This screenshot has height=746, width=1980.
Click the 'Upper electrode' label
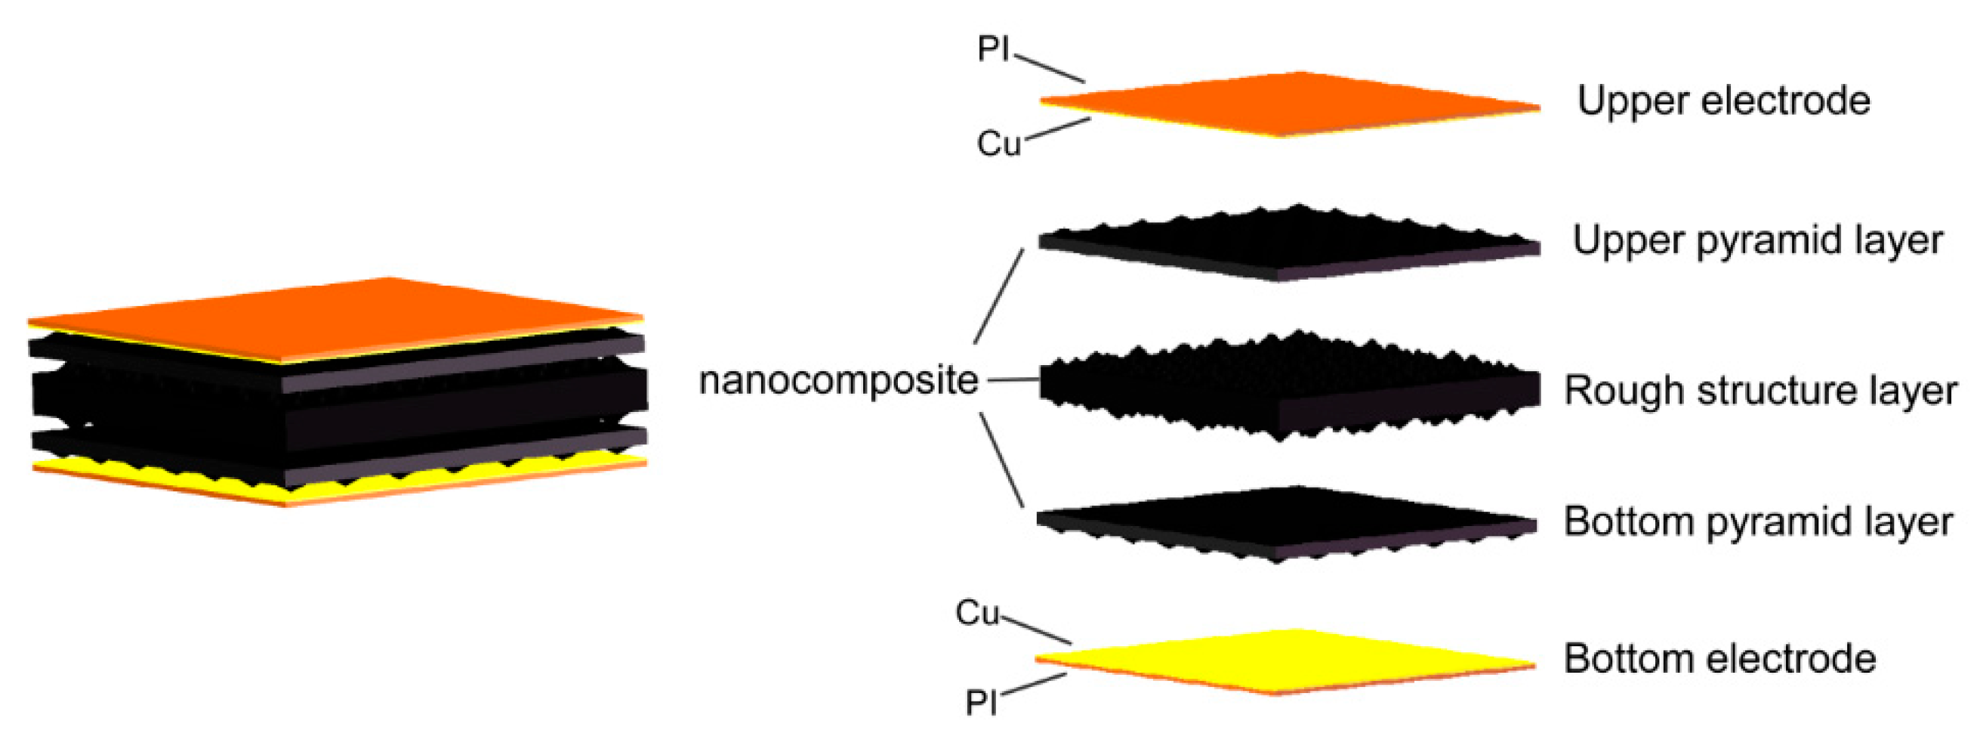(x=1723, y=101)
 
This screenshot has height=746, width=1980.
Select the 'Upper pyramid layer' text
(x=1757, y=240)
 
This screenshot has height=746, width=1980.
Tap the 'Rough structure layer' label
(x=1760, y=390)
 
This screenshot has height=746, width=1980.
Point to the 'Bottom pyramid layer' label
(x=1757, y=522)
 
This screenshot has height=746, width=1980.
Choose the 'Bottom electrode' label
(x=1719, y=659)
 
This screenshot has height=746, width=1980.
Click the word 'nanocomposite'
(x=837, y=381)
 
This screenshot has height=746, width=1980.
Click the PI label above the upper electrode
(x=993, y=50)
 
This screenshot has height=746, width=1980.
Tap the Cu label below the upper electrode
(x=998, y=144)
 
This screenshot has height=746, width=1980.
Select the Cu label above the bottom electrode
(x=977, y=614)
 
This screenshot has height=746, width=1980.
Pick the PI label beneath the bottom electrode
(x=981, y=702)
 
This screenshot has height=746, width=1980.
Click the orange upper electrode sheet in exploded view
(x=1291, y=104)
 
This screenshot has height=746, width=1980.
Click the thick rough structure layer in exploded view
(x=1291, y=385)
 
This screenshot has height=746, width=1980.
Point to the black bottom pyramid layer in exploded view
(x=1291, y=519)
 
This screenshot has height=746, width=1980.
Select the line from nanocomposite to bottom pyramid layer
(x=1001, y=460)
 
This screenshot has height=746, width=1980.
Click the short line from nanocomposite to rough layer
(x=1013, y=380)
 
